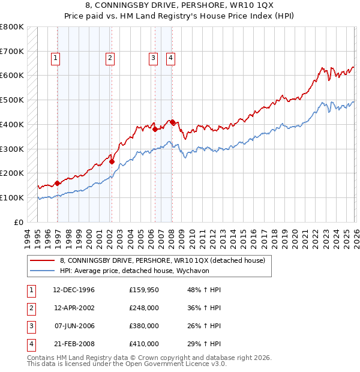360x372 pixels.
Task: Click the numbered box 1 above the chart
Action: pos(55,58)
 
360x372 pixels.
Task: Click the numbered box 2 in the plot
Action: pos(110,58)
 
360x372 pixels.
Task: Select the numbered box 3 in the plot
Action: pos(154,58)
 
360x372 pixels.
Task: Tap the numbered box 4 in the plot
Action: pos(171,58)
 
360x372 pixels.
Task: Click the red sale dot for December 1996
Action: pos(58,183)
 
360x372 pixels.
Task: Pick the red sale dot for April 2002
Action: pos(112,161)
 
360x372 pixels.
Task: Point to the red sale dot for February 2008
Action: pos(172,122)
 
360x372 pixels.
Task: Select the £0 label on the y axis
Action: pos(18,222)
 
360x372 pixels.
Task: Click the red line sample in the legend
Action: pos(41,260)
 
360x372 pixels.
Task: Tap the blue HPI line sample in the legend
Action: pos(41,271)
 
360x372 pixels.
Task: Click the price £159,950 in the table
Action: pos(143,290)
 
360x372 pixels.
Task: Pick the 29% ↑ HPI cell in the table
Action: pos(200,344)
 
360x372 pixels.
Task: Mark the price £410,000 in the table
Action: pos(143,344)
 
